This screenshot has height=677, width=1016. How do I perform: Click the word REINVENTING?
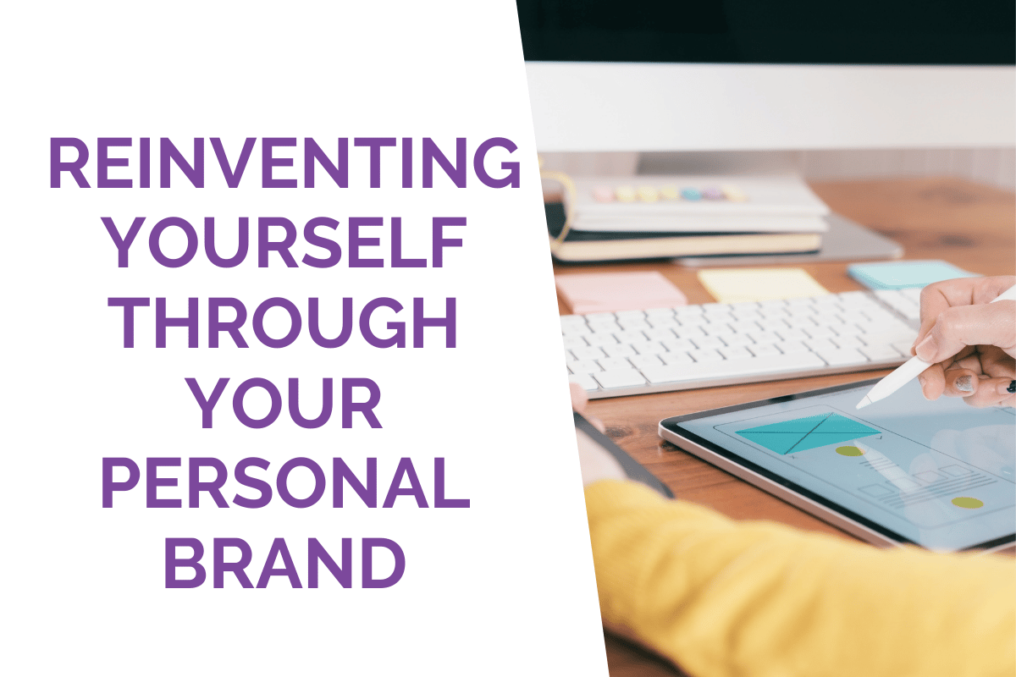284,162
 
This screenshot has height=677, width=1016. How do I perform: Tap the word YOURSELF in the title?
285,242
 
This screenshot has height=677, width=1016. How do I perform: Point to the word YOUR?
285,402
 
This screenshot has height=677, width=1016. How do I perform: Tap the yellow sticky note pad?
764,284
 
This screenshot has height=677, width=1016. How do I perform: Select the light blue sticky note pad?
909,274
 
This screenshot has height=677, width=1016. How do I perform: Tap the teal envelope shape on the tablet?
809,432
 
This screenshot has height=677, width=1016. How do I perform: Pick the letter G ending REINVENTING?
498,162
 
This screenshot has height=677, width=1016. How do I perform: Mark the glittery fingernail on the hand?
963,383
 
